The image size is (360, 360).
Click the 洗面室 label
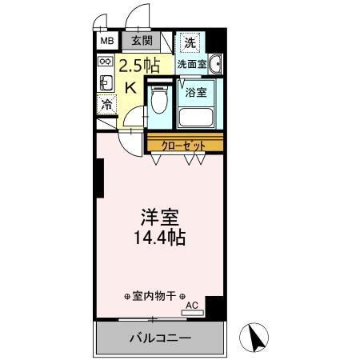(192, 63)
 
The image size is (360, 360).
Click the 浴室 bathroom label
(196, 92)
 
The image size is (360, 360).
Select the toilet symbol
(159, 100)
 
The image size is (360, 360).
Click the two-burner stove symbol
(105, 62)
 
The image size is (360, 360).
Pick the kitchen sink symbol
(105, 82)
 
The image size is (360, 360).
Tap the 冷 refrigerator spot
(106, 104)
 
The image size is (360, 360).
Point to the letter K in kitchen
(130, 88)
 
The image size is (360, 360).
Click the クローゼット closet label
(183, 145)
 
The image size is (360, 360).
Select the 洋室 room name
(159, 218)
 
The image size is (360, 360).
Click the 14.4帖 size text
(159, 238)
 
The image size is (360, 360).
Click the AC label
(190, 305)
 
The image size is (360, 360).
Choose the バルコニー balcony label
(160, 338)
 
